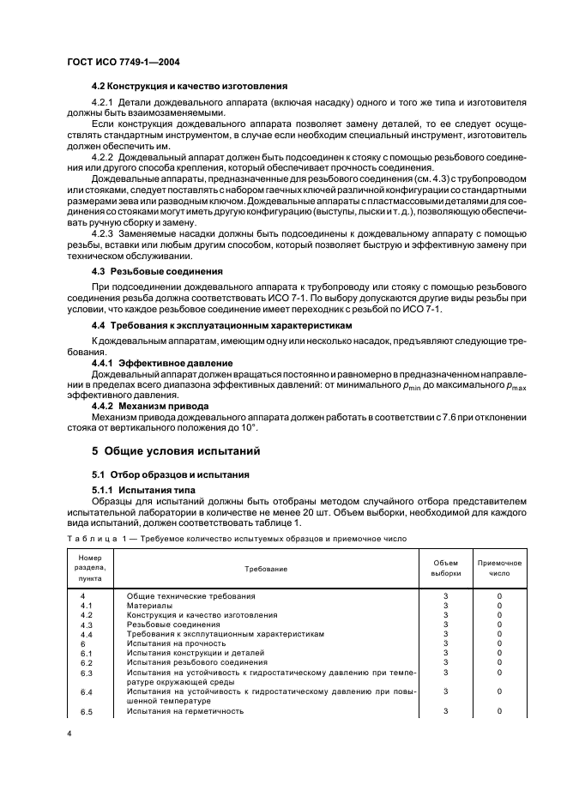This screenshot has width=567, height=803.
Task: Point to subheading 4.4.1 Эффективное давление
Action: tap(150, 364)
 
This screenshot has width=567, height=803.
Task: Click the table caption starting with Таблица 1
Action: tap(232, 538)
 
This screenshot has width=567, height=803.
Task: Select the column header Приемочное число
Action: tap(498, 568)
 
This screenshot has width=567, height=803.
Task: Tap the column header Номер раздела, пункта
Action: tap(90, 568)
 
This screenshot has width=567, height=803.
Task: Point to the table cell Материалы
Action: tap(149, 605)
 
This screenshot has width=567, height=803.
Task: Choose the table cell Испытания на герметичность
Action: tap(185, 711)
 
